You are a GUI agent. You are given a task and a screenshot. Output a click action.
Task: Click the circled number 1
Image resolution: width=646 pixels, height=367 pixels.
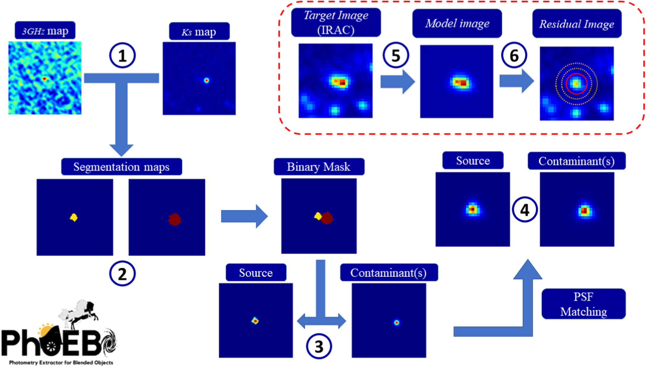tap(122, 56)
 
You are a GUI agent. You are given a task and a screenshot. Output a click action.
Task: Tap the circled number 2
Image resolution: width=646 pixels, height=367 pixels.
tap(122, 273)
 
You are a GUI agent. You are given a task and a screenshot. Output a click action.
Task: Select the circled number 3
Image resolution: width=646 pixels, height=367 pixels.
tap(319, 346)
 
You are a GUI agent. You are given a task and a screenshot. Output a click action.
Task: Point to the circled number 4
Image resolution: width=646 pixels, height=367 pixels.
tap(525, 210)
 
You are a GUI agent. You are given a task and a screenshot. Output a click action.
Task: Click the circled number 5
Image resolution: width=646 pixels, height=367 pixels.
tap(396, 55)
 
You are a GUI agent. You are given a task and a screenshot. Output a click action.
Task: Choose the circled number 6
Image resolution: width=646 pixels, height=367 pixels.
tap(514, 55)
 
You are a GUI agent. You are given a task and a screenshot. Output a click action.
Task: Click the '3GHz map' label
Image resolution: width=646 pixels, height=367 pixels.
tap(45, 30)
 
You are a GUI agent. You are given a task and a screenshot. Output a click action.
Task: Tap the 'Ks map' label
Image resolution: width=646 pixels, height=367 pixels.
tap(199, 31)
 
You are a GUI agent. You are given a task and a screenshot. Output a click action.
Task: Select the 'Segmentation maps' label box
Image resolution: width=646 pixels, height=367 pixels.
tap(121, 167)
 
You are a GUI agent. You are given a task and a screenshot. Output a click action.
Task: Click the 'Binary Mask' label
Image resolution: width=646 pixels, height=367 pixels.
tap(319, 167)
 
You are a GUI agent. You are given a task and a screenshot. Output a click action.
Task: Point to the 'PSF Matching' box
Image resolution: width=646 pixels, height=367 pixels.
tap(583, 304)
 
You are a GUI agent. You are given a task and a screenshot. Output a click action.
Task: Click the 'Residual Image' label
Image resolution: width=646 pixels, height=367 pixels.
tap(577, 24)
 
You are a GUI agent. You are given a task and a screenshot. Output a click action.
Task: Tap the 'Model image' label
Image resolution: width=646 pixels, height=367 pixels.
tap(457, 23)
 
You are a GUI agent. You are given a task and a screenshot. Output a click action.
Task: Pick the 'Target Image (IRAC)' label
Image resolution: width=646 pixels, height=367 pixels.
tap(336, 23)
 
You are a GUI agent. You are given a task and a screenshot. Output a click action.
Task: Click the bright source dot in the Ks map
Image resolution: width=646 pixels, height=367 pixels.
tap(207, 80)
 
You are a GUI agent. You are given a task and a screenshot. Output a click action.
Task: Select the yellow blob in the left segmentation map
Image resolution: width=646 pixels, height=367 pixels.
tap(74, 217)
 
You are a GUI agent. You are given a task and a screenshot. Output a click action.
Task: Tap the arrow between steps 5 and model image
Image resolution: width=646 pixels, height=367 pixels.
tap(398, 81)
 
